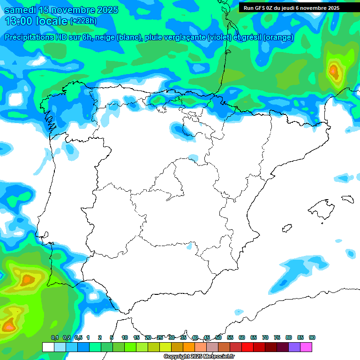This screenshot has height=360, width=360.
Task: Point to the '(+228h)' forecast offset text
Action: click(83, 21)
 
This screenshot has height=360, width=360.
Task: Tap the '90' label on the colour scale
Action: click(312, 338)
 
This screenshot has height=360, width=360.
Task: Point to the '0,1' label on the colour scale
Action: click(54, 338)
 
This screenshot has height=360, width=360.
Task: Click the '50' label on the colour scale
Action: click(218, 338)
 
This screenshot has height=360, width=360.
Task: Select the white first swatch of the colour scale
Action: click(48, 347)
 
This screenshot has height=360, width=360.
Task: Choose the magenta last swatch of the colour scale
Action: click(306, 347)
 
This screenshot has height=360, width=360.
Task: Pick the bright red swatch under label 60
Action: click(247, 347)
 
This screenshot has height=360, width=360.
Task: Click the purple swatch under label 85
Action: click(294, 347)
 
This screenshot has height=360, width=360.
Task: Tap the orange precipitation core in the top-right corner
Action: click(334, 71)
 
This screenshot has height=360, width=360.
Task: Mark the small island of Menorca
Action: click(347, 199)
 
